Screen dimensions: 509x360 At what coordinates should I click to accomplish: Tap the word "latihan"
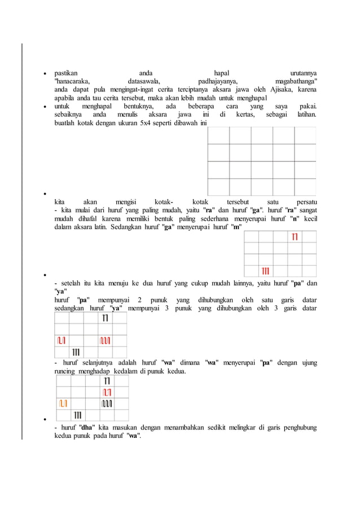[x=306, y=115]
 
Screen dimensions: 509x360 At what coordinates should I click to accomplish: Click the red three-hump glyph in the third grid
[x=106, y=340]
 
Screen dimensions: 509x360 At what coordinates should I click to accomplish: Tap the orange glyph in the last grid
[x=64, y=403]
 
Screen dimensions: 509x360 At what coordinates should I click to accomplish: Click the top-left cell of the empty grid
[x=218, y=135]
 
